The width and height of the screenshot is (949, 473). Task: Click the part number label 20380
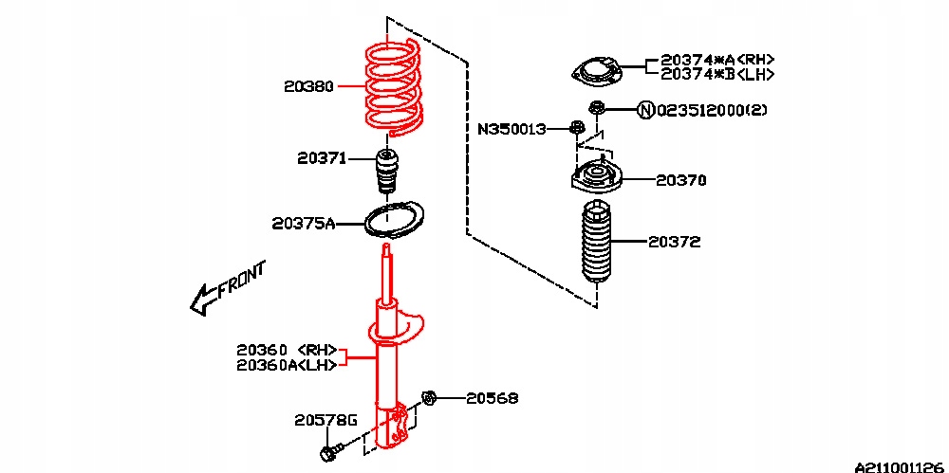pyautogui.click(x=308, y=86)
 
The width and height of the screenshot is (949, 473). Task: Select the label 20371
pyautogui.click(x=321, y=158)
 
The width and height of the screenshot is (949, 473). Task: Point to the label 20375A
pyautogui.click(x=303, y=224)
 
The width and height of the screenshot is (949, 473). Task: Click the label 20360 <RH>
pyautogui.click(x=288, y=350)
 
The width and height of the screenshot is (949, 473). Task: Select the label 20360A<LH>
pyautogui.click(x=287, y=365)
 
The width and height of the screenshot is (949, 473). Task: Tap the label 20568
pyautogui.click(x=492, y=399)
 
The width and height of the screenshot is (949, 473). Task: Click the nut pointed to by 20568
pyautogui.click(x=428, y=398)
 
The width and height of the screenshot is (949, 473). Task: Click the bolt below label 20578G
pyautogui.click(x=327, y=454)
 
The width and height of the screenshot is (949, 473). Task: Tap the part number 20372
pyautogui.click(x=675, y=242)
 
